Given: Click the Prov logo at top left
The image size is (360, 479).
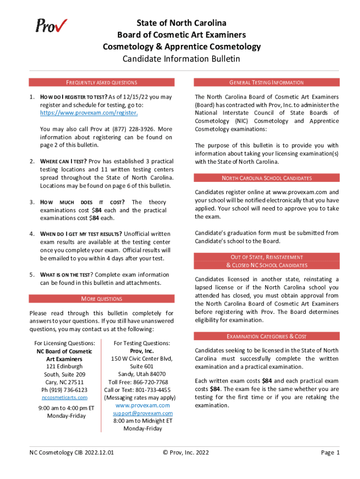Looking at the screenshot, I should click(51, 26).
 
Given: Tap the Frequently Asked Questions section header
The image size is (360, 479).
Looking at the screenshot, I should click(101, 82).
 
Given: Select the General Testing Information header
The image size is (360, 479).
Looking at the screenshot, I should click(266, 82).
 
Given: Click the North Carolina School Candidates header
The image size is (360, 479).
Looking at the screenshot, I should click(266, 178).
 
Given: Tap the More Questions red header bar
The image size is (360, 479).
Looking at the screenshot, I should click(101, 298).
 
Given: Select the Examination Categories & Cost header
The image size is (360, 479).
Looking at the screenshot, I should click(266, 336).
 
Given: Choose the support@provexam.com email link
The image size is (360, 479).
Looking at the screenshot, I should click(143, 413).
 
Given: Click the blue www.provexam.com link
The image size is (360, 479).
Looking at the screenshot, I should click(143, 405).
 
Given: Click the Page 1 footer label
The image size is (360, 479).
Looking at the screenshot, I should click(330, 452).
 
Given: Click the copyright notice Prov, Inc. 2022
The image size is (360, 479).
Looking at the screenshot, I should click(186, 452).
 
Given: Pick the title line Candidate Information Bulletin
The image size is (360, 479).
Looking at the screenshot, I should click(181, 59).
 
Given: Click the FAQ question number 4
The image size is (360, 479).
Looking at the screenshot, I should click(31, 234).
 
